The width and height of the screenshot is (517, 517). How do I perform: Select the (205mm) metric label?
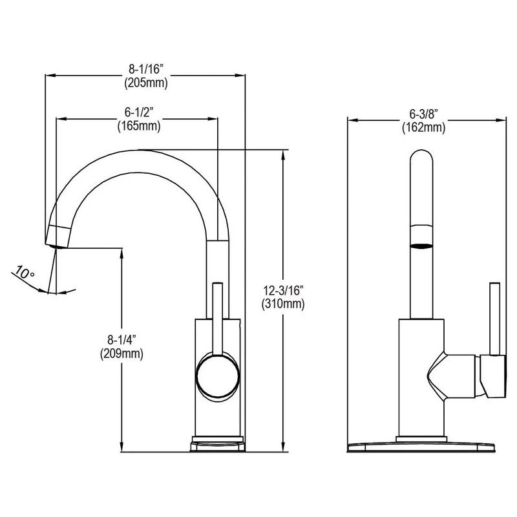(x=146, y=82)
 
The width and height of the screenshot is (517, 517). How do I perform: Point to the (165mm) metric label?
(x=138, y=126)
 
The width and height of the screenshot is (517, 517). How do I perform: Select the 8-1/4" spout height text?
(x=121, y=339)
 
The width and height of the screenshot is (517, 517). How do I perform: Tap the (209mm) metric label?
(x=121, y=353)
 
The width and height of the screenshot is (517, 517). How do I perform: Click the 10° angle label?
(x=25, y=273)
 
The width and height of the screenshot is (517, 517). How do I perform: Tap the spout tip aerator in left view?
(x=58, y=237)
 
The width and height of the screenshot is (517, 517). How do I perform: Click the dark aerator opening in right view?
(x=421, y=246)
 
